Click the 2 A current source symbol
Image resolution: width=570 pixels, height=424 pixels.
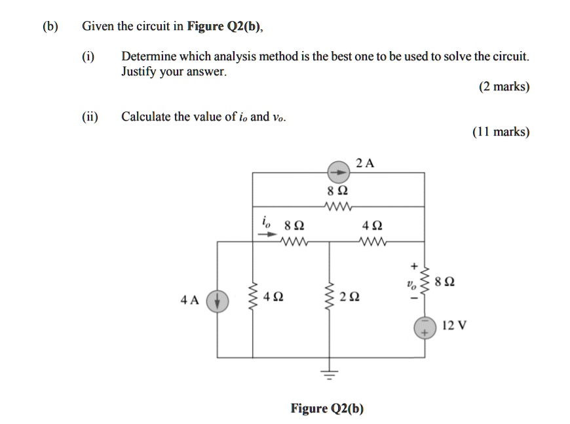click(339, 172)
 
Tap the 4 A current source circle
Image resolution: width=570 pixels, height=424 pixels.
click(217, 301)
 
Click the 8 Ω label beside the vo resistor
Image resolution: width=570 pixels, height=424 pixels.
click(446, 283)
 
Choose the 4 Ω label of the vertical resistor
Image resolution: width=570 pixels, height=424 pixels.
click(273, 299)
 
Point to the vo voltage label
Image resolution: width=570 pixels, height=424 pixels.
click(410, 284)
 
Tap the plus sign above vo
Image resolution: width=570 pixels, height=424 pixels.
click(413, 267)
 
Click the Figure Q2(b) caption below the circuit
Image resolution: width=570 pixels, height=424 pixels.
click(327, 409)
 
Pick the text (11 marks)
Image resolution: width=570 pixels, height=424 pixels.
click(501, 132)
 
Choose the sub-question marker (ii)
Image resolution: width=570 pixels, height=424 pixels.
click(90, 117)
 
